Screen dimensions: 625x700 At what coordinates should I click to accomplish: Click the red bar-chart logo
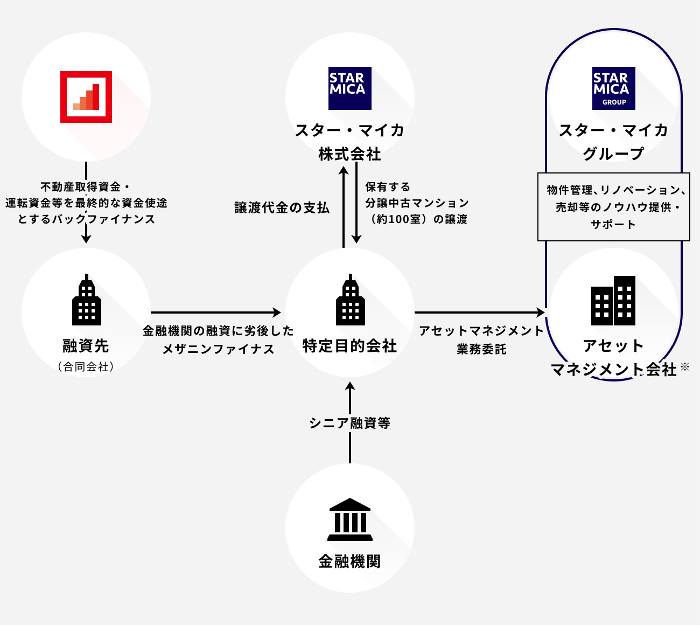pos(86,97)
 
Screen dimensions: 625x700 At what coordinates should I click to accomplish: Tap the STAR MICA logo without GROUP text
pos(350,88)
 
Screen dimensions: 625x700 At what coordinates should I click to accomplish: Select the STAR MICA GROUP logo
pos(614,88)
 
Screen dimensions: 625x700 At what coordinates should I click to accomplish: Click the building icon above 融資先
pos(87,301)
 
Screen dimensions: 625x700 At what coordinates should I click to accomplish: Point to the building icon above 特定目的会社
pos(351,301)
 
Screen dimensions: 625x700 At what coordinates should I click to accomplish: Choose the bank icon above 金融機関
pos(350,519)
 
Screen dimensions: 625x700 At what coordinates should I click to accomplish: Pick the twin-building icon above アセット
pos(613,301)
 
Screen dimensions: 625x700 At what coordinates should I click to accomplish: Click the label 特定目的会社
pos(350,346)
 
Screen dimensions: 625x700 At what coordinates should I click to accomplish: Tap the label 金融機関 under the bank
pos(350,561)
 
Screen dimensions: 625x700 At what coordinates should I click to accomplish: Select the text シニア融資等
pos(350,423)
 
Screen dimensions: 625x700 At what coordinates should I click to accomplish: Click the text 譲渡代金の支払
pos(282,208)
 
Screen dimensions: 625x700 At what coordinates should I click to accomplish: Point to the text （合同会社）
pos(86,367)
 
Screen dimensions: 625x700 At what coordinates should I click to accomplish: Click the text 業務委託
pos(481,349)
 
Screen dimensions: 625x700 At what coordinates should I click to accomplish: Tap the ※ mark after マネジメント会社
pos(685,367)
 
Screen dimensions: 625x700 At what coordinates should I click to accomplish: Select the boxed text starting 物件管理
pos(614,207)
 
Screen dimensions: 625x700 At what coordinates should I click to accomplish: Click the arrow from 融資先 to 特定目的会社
pos(215,313)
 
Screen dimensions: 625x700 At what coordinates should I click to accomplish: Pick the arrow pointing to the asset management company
pos(479,313)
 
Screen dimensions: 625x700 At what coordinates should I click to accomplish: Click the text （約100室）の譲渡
pos(416,219)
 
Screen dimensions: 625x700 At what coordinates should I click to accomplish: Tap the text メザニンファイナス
pos(219,349)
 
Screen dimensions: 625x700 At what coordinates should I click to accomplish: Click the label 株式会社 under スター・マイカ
pos(350,155)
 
